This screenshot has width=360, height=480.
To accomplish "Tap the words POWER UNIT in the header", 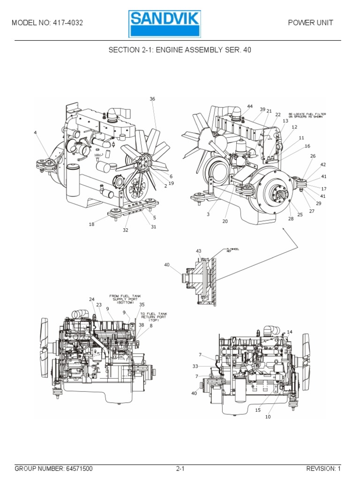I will (x=311, y=23).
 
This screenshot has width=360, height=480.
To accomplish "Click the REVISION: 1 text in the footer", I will (x=323, y=468).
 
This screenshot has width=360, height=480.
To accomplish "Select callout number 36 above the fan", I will (x=152, y=99).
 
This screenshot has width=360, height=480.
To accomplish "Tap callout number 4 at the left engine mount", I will (x=35, y=133).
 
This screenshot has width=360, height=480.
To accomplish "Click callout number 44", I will (x=250, y=106).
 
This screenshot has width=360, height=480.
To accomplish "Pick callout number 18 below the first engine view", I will (x=91, y=225).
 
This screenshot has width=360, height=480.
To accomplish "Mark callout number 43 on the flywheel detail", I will (x=198, y=251).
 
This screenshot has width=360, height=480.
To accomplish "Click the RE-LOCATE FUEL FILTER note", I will (x=307, y=116).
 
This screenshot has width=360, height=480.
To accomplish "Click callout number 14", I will (x=290, y=332).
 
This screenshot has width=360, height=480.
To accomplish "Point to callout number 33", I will (x=195, y=366).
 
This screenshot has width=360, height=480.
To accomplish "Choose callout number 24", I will (x=92, y=299).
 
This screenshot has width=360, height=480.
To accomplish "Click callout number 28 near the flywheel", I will (x=290, y=218).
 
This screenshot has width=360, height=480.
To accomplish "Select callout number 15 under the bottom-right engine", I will (x=258, y=410).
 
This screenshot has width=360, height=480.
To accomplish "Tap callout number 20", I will (x=225, y=221).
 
